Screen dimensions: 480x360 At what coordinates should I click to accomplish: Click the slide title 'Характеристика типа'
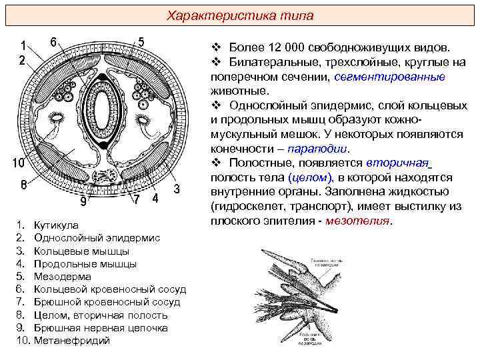(240, 15)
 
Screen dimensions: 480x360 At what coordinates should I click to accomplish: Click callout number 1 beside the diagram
(23, 46)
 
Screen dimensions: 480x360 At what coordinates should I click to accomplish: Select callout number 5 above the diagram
(141, 41)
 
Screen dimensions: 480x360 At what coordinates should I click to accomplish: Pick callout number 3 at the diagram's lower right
(177, 189)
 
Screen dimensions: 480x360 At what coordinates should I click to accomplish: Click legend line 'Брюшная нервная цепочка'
(101, 328)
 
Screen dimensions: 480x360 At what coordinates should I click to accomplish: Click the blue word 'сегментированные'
(389, 76)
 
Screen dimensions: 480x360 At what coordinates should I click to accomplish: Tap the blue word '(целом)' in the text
(310, 178)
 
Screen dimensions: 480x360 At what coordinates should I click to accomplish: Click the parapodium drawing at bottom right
(313, 293)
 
